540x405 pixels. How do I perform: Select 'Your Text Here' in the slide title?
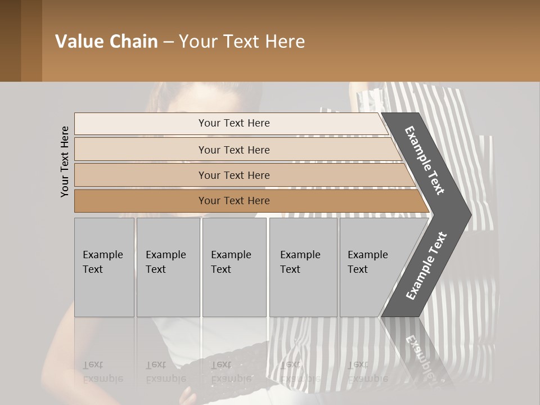coord(242,42)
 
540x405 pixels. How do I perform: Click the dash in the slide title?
coord(168,42)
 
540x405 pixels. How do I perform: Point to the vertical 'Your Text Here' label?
coord(65,162)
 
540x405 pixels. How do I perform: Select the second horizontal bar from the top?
coord(234,150)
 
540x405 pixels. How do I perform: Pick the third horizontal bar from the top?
coord(234,175)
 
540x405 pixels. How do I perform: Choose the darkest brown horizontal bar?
coord(234,201)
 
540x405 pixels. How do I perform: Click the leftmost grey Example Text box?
coord(104,267)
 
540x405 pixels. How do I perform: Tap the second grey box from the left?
coord(168,267)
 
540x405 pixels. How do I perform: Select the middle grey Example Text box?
coord(234,267)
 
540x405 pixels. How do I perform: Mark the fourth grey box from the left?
coord(303,267)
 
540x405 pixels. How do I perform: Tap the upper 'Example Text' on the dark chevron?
coord(425,160)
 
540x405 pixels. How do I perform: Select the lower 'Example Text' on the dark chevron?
coord(426,266)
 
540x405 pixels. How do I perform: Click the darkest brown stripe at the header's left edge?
coord(10,41)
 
